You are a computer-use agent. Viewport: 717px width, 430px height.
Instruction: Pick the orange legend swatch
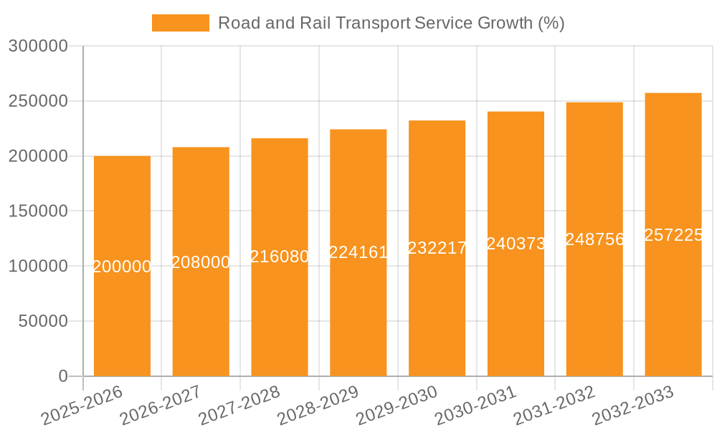coord(180,23)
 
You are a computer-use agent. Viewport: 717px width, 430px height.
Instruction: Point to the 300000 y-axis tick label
coord(38,47)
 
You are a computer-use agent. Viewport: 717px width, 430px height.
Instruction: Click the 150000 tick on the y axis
coord(38,211)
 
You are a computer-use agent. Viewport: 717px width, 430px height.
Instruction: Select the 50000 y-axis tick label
coord(43,321)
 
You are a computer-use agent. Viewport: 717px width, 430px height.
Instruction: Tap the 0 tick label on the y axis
coord(63,376)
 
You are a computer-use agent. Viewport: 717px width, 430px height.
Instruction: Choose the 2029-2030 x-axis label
coord(397,406)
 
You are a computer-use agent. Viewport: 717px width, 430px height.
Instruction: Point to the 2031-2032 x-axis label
coord(554,406)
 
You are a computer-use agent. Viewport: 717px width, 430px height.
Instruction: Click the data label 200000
coord(122,267)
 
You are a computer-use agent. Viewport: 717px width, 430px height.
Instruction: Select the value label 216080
coord(280,257)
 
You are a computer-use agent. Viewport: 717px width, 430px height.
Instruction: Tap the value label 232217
coord(437,248)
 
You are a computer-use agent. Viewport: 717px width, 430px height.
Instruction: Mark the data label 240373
coord(516,244)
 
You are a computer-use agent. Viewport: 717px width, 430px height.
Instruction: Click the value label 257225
coord(673,235)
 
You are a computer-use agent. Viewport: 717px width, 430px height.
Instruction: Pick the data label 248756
coord(594,239)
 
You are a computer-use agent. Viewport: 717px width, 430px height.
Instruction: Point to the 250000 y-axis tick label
coord(38,101)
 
